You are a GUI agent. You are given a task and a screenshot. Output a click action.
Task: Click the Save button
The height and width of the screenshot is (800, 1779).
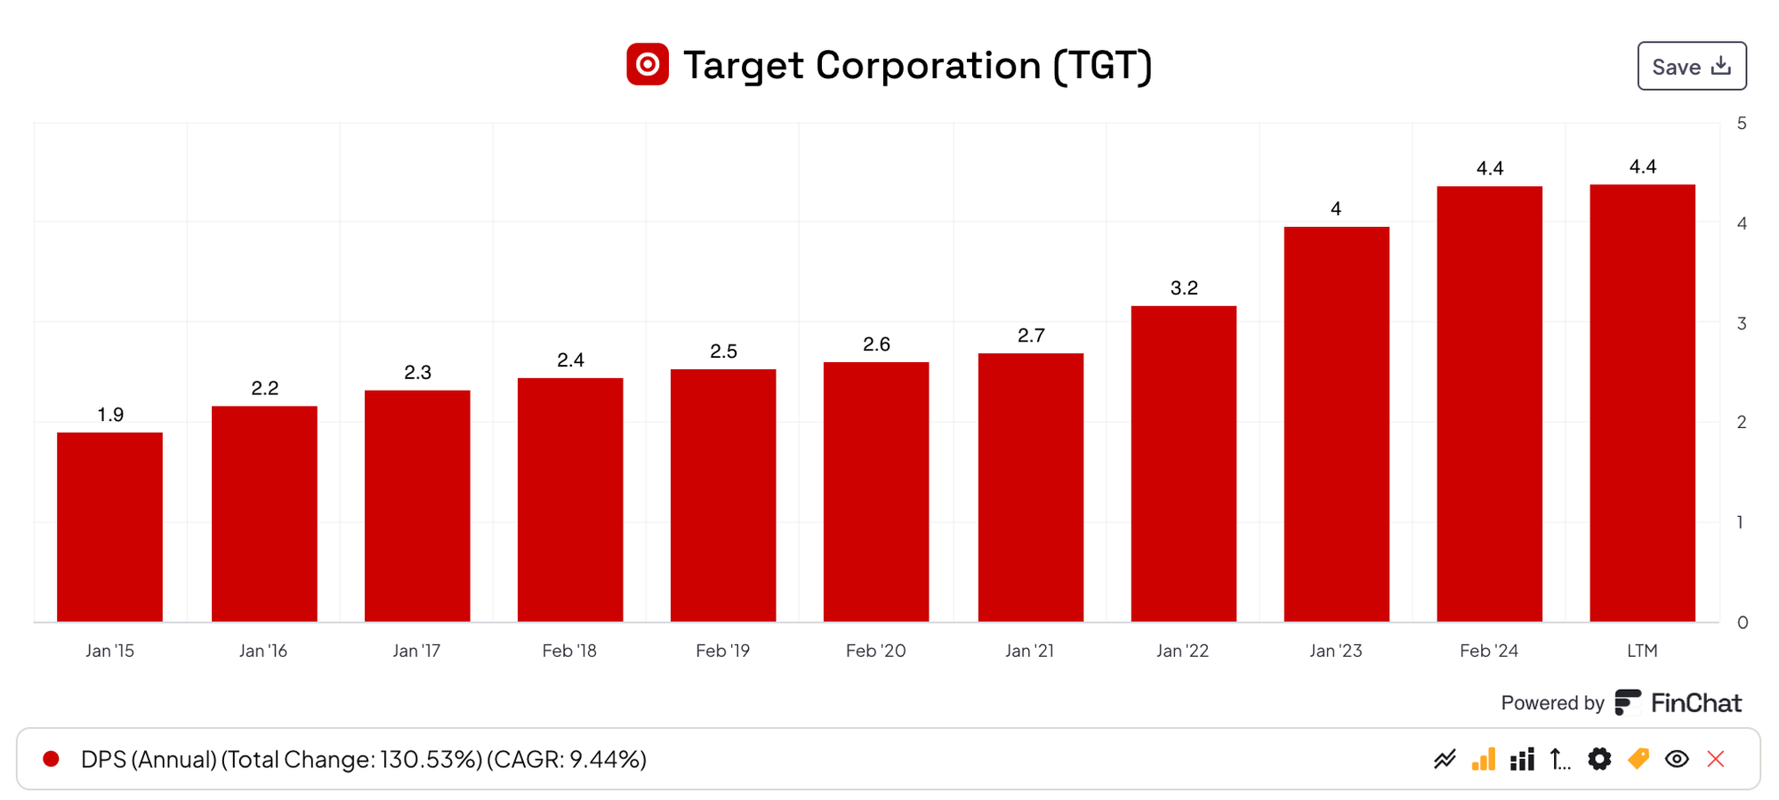[1691, 67]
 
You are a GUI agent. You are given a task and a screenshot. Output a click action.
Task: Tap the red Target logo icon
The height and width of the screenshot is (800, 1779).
[648, 65]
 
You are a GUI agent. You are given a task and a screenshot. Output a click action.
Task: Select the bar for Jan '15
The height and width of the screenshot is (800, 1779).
[109, 527]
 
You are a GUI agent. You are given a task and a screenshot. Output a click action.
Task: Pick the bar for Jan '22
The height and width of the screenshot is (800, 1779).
[1183, 464]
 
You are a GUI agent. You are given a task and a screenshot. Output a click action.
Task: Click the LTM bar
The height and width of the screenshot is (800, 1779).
[1642, 403]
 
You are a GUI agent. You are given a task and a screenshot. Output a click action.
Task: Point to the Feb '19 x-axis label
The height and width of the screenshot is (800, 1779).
[722, 651]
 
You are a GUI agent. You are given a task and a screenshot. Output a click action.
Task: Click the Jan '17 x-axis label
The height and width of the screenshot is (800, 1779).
[416, 651]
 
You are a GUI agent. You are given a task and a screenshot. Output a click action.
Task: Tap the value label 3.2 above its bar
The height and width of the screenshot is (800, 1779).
[1184, 287]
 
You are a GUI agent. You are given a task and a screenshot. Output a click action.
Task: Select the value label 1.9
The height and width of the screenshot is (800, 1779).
[110, 415]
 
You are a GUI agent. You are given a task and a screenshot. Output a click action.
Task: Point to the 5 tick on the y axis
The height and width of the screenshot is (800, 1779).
[1742, 124]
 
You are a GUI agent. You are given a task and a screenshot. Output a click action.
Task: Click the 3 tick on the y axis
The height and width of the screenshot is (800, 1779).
[1742, 323]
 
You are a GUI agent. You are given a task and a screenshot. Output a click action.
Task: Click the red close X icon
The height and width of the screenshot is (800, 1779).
[1716, 759]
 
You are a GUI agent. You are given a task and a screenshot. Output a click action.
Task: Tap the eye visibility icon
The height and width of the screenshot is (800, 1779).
[1677, 759]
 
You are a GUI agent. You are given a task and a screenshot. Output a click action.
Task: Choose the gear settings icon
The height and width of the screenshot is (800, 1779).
[1599, 759]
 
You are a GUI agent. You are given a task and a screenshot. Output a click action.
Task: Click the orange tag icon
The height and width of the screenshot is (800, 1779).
[1638, 759]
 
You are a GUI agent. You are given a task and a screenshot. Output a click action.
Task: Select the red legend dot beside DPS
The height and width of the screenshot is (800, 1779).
[52, 759]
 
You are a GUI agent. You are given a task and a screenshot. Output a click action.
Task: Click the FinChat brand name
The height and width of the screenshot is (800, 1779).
[1695, 703]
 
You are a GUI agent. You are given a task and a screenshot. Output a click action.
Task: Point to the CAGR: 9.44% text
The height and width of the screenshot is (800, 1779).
[567, 759]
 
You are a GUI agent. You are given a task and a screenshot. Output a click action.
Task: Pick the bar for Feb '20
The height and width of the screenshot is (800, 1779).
[876, 491]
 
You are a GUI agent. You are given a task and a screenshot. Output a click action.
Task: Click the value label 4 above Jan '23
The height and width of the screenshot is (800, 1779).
[1336, 209]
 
